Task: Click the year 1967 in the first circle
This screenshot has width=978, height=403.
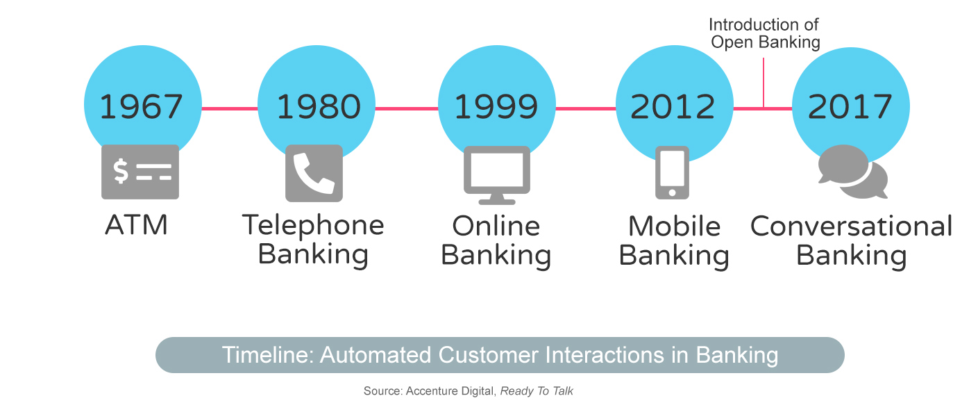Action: coord(141,106)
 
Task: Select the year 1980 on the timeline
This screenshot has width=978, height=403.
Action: coord(319,106)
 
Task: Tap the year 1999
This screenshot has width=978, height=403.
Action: coord(496,106)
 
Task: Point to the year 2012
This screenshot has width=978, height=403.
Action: coord(673,106)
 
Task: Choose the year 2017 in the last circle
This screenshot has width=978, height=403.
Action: coord(850,106)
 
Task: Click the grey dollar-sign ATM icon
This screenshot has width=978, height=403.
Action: coord(140,172)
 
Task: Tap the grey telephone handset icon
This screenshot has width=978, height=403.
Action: coord(314,173)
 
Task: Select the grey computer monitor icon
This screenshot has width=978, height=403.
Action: coord(497,175)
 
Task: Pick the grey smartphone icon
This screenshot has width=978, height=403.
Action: coord(673,172)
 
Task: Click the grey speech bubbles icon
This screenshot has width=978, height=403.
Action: coord(852,172)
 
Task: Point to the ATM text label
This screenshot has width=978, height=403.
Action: coord(136,224)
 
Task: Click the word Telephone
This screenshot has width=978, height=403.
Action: coord(313,226)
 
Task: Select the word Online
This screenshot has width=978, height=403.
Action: coord(496,226)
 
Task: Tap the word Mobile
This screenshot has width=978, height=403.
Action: coord(674,227)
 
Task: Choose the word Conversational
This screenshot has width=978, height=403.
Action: coord(852,226)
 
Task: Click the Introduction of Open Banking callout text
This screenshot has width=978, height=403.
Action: coord(764,33)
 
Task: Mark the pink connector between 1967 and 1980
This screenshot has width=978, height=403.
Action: coord(230,108)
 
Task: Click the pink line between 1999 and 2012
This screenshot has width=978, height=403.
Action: coord(586,108)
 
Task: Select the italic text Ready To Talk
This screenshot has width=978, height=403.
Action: coord(537,390)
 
